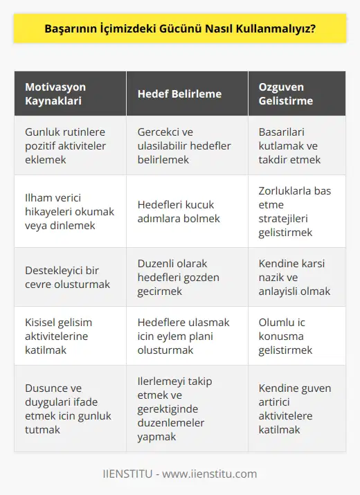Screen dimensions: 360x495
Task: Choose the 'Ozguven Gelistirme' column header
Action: [287, 93]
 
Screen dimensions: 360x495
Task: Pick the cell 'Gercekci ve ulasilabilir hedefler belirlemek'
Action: [183, 146]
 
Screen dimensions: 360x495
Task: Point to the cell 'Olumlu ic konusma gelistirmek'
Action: [285, 336]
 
